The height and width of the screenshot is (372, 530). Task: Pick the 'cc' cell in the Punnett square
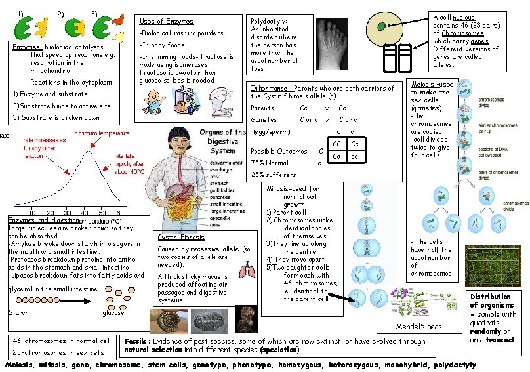coord(354,157)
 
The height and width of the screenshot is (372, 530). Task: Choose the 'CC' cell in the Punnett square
coord(336,144)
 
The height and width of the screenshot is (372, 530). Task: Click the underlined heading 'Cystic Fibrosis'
coord(180,237)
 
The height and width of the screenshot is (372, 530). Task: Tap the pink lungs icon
coord(246,271)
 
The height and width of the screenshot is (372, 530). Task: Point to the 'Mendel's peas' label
coord(418,327)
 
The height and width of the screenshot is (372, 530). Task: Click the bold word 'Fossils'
coord(138,341)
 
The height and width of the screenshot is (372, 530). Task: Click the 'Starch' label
coord(18,312)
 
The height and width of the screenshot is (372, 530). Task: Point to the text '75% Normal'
coord(269,163)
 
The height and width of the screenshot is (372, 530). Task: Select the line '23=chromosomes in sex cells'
coord(58,352)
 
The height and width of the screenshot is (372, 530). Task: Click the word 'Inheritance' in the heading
coord(270,88)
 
